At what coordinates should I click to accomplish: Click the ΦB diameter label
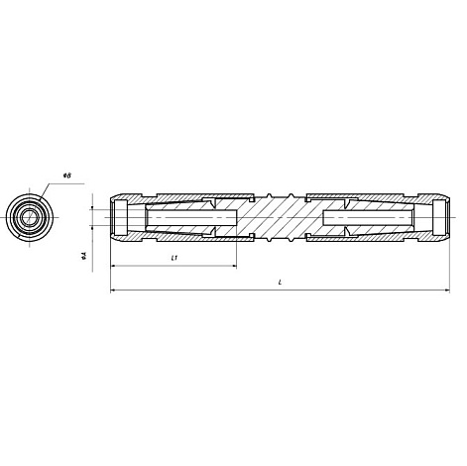point(66,175)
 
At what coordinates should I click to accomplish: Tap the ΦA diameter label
point(84,256)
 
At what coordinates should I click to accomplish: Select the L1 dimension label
point(175,258)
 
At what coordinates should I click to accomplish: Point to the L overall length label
point(280,283)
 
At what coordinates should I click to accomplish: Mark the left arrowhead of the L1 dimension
point(113,266)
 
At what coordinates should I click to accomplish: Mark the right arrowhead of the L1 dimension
point(234,266)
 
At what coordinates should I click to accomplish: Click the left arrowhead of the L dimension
point(113,291)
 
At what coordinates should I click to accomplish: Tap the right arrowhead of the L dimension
point(447,291)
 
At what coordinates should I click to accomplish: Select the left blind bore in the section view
point(191,217)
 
